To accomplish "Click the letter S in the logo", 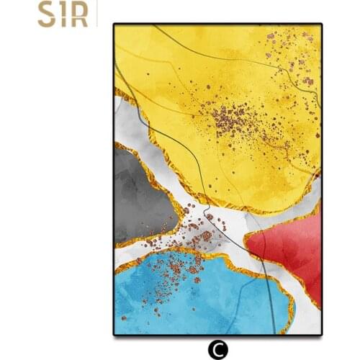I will [47, 16].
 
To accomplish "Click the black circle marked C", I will [216, 349].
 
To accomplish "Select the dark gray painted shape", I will [140, 194].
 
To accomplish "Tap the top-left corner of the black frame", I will [114, 24].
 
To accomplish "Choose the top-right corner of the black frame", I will [321, 24].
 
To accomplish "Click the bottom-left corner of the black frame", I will [114, 335].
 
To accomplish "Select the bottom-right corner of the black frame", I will [321, 335].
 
